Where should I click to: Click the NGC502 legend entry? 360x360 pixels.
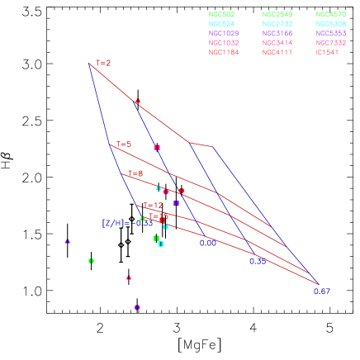223,15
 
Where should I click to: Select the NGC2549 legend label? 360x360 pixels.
277,15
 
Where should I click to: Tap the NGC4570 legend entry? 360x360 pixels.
331,15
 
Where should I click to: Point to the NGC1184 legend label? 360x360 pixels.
223,52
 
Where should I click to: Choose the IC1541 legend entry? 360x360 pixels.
329,52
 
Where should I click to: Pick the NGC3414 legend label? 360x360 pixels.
277,43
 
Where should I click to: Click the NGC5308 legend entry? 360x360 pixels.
331,24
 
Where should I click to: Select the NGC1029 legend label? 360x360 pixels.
223,34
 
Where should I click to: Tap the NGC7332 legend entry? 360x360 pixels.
331,43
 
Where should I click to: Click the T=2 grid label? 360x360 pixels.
103,63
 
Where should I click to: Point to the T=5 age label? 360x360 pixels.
124,144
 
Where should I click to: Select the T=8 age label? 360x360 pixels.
135,173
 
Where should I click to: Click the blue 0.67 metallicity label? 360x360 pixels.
322,291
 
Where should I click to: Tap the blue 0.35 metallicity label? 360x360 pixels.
258,261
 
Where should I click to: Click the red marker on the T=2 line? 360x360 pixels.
138,102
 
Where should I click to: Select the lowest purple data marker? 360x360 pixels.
137,307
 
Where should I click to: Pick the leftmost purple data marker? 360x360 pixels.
68,241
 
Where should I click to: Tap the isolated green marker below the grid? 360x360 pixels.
91,261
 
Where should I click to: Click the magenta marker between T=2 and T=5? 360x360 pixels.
157,147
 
